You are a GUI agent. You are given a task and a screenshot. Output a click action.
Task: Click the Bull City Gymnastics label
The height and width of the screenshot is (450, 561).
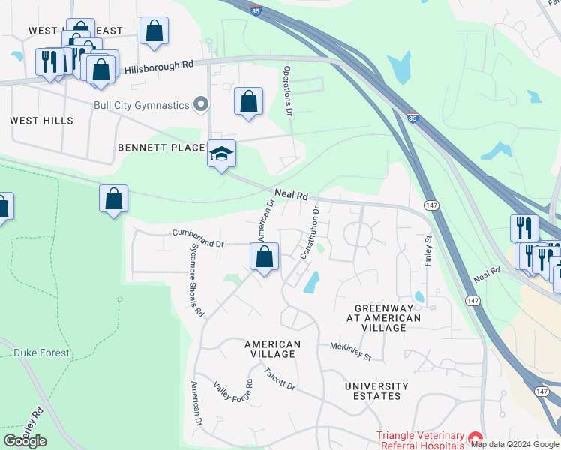coord(141,105)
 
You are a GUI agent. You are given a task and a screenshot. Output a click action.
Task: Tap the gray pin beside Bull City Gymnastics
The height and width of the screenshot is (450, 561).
coord(200,105)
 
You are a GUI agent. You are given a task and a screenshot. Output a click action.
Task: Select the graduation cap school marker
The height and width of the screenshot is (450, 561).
coord(221,154)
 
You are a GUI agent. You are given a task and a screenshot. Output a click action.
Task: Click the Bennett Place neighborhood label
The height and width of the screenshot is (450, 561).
coord(161,148)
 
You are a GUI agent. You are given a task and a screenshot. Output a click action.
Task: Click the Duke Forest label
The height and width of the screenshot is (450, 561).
coord(42,352)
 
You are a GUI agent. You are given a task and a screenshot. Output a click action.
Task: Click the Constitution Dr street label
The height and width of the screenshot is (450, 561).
coord(310,233)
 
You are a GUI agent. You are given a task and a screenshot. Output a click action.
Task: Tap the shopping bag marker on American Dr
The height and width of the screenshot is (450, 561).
coord(264,257)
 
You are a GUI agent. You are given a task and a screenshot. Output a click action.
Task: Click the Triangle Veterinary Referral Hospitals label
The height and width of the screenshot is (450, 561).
coord(420,439)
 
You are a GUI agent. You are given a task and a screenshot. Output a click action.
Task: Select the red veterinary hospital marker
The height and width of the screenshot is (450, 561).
coord(473,438)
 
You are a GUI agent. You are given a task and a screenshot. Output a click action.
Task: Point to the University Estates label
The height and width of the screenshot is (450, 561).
coord(376,392)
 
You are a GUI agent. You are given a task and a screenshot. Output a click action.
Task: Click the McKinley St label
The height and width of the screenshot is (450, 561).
coord(351,350)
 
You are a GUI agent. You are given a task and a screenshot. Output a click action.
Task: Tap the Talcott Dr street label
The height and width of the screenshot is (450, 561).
coord(280,377)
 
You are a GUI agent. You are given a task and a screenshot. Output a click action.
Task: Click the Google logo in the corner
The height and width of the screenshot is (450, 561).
coord(25,441)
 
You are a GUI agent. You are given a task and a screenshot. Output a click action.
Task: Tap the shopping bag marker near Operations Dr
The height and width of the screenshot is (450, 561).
coord(248,101)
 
